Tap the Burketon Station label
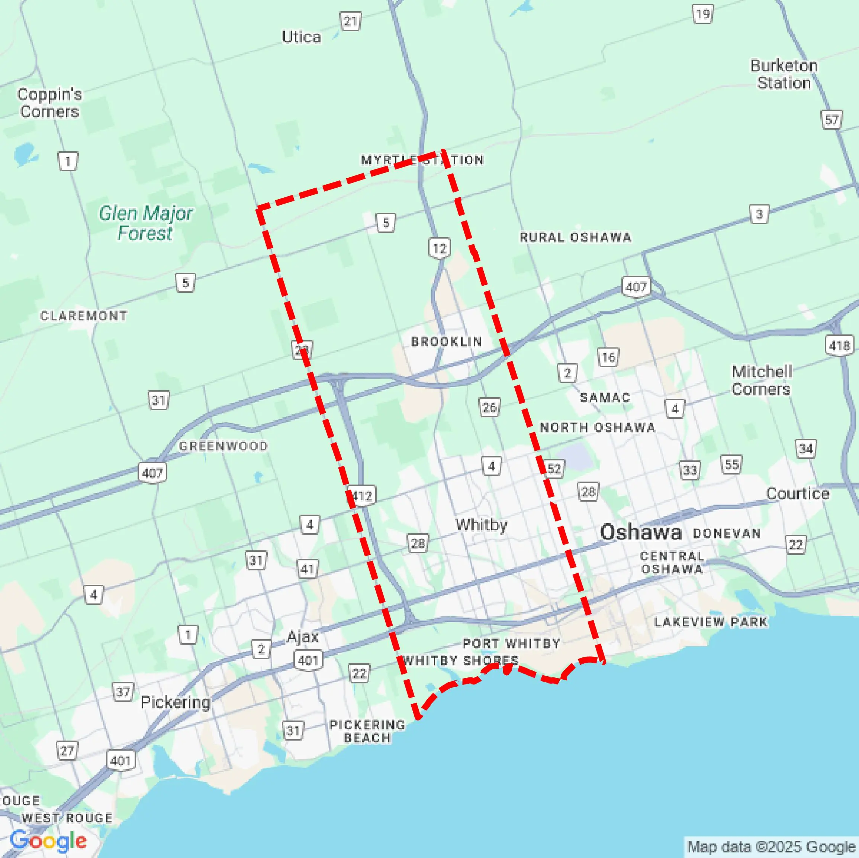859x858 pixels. pyautogui.click(x=784, y=74)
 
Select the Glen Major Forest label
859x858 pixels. pyautogui.click(x=145, y=223)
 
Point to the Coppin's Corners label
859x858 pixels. pyautogui.click(x=49, y=103)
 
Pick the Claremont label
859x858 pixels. pyautogui.click(x=84, y=315)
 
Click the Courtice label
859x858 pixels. pyautogui.click(x=797, y=493)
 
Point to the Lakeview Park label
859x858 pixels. pyautogui.click(x=711, y=622)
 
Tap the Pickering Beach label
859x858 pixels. pyautogui.click(x=367, y=731)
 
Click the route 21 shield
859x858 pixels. pyautogui.click(x=350, y=21)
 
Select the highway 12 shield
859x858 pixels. pyautogui.click(x=439, y=248)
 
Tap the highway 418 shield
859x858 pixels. pyautogui.click(x=839, y=345)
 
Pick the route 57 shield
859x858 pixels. pyautogui.click(x=831, y=120)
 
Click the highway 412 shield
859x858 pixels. pyautogui.click(x=362, y=495)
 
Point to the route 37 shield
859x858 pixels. pyautogui.click(x=123, y=692)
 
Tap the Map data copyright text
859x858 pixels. pyautogui.click(x=771, y=847)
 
